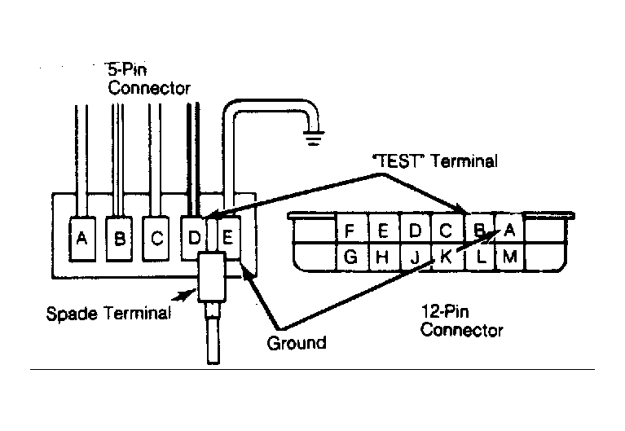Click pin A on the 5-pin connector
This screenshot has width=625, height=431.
pyautogui.click(x=82, y=240)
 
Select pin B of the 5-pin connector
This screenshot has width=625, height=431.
pyautogui.click(x=119, y=240)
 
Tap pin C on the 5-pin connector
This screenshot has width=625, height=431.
pyautogui.click(x=156, y=240)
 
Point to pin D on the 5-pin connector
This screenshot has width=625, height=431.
pyautogui.click(x=194, y=239)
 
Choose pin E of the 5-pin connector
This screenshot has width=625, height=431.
pyautogui.click(x=228, y=238)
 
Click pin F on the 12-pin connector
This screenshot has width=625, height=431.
pyautogui.click(x=350, y=230)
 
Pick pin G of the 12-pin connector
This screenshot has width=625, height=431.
pyautogui.click(x=350, y=257)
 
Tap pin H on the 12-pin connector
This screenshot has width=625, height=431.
pyautogui.click(x=383, y=257)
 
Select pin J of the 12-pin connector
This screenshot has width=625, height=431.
pyautogui.click(x=415, y=257)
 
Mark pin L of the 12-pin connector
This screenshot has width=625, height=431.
pyautogui.click(x=480, y=257)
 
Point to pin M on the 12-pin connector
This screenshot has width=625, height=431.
pyautogui.click(x=510, y=257)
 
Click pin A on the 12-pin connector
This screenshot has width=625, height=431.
pyautogui.click(x=510, y=230)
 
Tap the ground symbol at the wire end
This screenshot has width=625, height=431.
pyautogui.click(x=314, y=138)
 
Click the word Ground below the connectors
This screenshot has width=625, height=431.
pyautogui.click(x=297, y=343)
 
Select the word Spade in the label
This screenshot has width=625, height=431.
pyautogui.click(x=72, y=314)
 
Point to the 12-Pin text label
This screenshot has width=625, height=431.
pyautogui.click(x=445, y=311)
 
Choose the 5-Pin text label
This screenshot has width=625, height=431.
pyautogui.click(x=128, y=70)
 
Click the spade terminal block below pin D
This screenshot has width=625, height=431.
pyautogui.click(x=212, y=278)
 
